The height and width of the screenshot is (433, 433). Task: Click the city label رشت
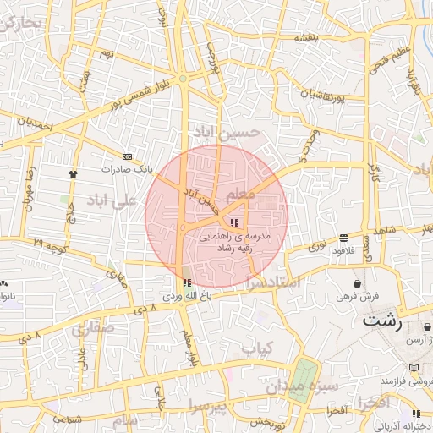(383, 321)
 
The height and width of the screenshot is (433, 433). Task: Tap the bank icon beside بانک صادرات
(128, 156)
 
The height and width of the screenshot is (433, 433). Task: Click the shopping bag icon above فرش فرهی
(359, 283)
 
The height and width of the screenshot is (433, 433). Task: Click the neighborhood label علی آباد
(111, 200)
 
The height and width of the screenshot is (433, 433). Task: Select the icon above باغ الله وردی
(187, 282)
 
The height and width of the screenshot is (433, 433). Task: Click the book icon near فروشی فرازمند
(414, 368)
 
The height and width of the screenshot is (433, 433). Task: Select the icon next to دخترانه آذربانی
(415, 414)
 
